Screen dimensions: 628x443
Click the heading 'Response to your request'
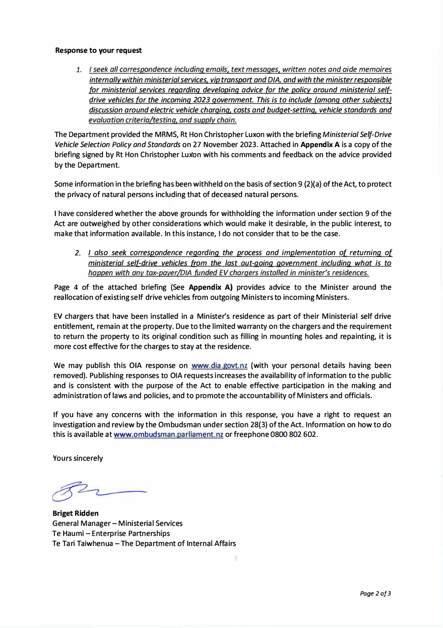[98, 50]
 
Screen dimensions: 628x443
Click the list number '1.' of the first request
[79, 70]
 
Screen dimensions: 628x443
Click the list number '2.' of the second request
[78, 253]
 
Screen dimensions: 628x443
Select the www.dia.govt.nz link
[219, 366]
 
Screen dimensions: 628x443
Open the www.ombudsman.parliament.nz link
[168, 435]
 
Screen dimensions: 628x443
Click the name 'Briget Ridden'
[75, 513]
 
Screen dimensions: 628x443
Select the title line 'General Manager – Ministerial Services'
[117, 523]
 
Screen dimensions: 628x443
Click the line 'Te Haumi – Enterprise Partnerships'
[111, 533]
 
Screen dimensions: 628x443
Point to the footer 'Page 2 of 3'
[375, 593]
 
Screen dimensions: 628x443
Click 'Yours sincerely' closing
[78, 458]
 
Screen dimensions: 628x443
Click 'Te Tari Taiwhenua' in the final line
[82, 543]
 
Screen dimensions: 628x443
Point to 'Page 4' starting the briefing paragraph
[66, 287]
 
